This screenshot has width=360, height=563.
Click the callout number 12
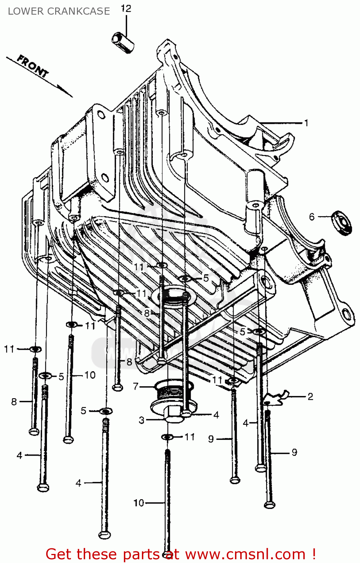[126, 9]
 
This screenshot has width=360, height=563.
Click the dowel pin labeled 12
[123, 42]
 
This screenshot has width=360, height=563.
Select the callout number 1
[306, 123]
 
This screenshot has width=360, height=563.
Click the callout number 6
[312, 217]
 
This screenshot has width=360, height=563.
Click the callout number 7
[136, 386]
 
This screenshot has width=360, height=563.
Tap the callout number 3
[142, 420]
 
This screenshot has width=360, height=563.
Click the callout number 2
[310, 397]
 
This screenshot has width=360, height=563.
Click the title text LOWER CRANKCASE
[59, 11]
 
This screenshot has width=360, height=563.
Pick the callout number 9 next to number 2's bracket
[294, 452]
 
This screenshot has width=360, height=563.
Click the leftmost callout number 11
[9, 349]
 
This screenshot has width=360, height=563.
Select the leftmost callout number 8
[14, 402]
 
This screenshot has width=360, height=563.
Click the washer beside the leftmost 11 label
[35, 349]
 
